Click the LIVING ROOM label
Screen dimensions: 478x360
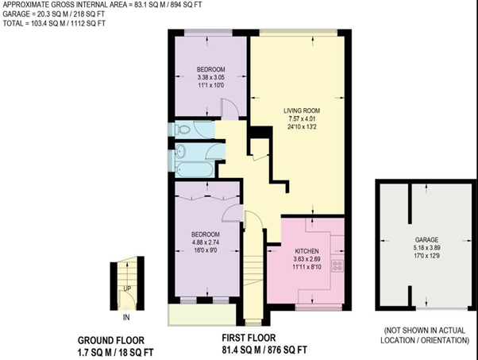(x=302, y=110)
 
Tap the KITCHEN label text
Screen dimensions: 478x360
(x=306, y=251)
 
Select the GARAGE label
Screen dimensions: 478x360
(x=426, y=240)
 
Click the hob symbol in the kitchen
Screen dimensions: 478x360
(x=337, y=265)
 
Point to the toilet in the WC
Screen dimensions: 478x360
(x=183, y=130)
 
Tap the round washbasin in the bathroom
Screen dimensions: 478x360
(x=181, y=151)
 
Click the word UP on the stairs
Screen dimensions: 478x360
(x=127, y=288)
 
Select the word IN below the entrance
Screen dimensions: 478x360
(x=126, y=317)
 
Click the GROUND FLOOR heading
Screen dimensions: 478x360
(x=111, y=340)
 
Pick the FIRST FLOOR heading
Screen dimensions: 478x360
(x=249, y=338)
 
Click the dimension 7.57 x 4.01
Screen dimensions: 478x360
(x=302, y=118)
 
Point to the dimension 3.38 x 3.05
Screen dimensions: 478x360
(x=210, y=78)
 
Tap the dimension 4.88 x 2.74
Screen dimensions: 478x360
(x=206, y=242)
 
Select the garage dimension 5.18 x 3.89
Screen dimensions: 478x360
(x=426, y=248)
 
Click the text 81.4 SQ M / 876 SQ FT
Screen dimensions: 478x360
(x=264, y=350)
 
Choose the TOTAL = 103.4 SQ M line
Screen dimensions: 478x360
(x=54, y=24)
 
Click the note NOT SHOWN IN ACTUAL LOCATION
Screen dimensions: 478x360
(x=425, y=335)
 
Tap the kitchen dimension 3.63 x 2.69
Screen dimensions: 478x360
(x=307, y=259)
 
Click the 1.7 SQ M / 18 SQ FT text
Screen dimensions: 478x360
(x=116, y=352)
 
